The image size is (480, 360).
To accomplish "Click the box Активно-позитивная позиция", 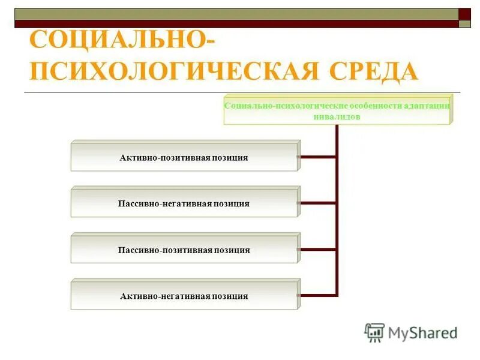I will (184, 157).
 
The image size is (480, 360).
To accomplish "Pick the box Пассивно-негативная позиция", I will (184, 203).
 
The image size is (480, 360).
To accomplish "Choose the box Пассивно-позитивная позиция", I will (184, 250).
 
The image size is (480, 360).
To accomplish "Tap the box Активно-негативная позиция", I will (184, 296).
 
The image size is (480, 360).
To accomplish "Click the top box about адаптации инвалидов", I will (337, 110).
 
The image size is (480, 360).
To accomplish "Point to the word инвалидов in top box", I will (337, 117).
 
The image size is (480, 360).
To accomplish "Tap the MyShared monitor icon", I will (374, 332).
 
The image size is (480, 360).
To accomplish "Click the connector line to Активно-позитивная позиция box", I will (317, 157).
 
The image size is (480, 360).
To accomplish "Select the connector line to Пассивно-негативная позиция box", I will (317, 203).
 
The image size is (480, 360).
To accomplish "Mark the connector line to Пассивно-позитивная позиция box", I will (317, 249).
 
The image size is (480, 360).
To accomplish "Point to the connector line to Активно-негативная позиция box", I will (317, 295).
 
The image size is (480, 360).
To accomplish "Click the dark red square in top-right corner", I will (464, 14).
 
